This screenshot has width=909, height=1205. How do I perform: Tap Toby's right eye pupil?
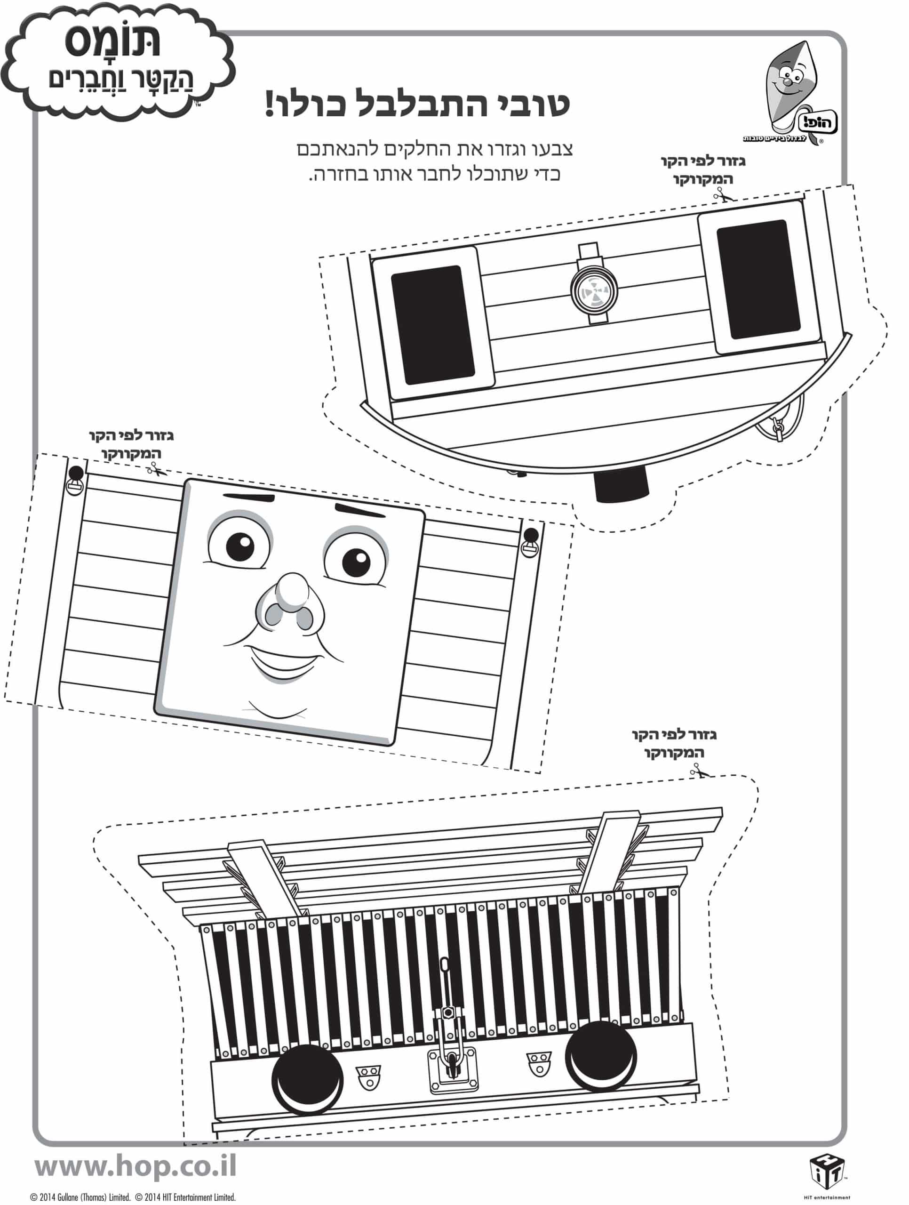click(x=355, y=561)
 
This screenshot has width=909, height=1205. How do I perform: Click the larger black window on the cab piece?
click(x=433, y=325)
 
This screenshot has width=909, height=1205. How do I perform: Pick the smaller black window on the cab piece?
click(x=758, y=279)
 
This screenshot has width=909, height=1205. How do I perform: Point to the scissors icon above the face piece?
click(x=155, y=468)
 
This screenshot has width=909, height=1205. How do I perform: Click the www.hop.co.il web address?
click(x=136, y=1166)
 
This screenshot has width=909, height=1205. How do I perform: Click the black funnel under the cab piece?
click(x=620, y=484)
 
